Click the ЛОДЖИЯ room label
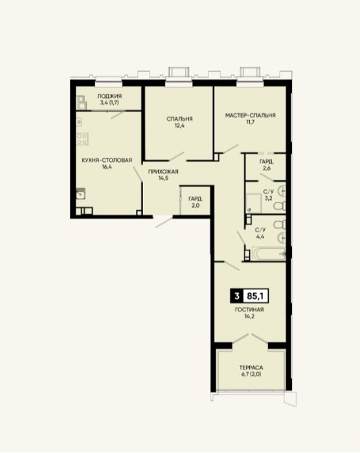(109, 96)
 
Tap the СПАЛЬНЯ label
(179, 118)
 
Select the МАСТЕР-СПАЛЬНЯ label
(251, 115)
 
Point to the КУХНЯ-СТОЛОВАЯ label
(107, 160)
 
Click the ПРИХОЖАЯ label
(163, 171)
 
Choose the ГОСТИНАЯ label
(249, 309)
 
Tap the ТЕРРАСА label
(251, 368)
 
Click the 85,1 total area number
(256, 296)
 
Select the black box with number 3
(237, 296)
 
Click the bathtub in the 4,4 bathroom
(269, 254)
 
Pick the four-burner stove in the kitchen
(82, 138)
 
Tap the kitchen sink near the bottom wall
(81, 194)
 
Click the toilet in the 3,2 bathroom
(280, 206)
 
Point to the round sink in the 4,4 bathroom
(282, 238)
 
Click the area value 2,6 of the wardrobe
(267, 168)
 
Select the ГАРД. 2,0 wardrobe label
(196, 202)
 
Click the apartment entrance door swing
(164, 221)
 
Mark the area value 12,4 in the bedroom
(179, 126)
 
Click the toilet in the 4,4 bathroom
(280, 225)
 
